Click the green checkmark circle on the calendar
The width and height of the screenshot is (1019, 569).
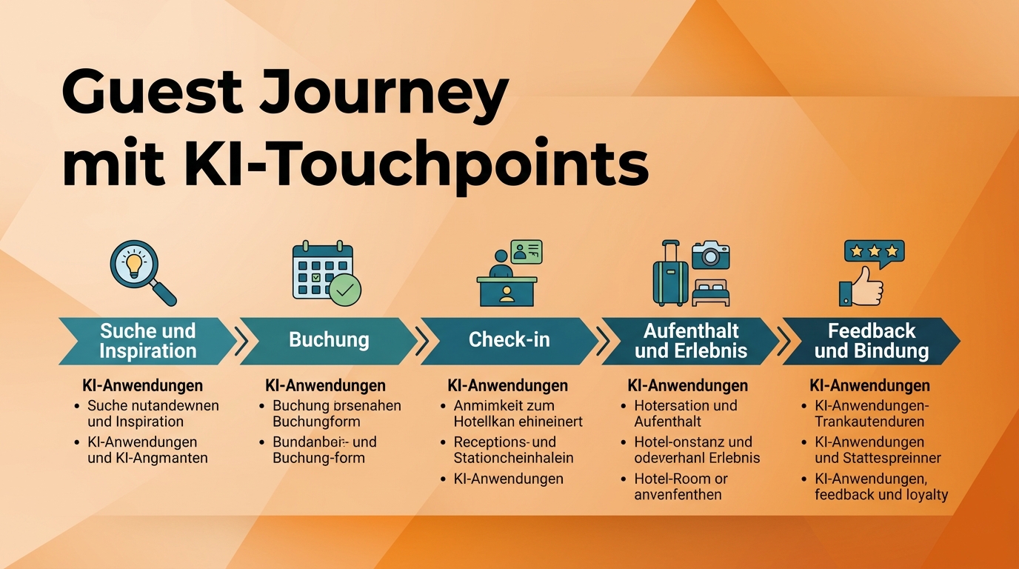point(344,290)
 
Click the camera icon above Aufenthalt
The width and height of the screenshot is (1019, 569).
point(711,255)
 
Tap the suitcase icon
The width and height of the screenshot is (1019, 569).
point(670,274)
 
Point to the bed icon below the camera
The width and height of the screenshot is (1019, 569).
point(711,293)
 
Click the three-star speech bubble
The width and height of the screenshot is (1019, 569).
point(875,253)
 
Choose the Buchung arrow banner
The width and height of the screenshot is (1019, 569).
point(328,341)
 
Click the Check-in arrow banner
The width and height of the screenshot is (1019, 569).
point(509,341)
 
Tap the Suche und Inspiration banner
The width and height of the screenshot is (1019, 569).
point(147,341)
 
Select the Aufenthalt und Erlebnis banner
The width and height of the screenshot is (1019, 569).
point(690,341)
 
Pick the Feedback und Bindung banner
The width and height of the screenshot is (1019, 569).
point(872,341)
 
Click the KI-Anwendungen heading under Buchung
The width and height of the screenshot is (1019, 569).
point(325,386)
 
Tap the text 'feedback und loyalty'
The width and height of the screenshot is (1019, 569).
point(881,495)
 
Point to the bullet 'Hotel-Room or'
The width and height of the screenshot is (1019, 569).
point(681,479)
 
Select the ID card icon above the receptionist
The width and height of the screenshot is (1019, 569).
point(527,252)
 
